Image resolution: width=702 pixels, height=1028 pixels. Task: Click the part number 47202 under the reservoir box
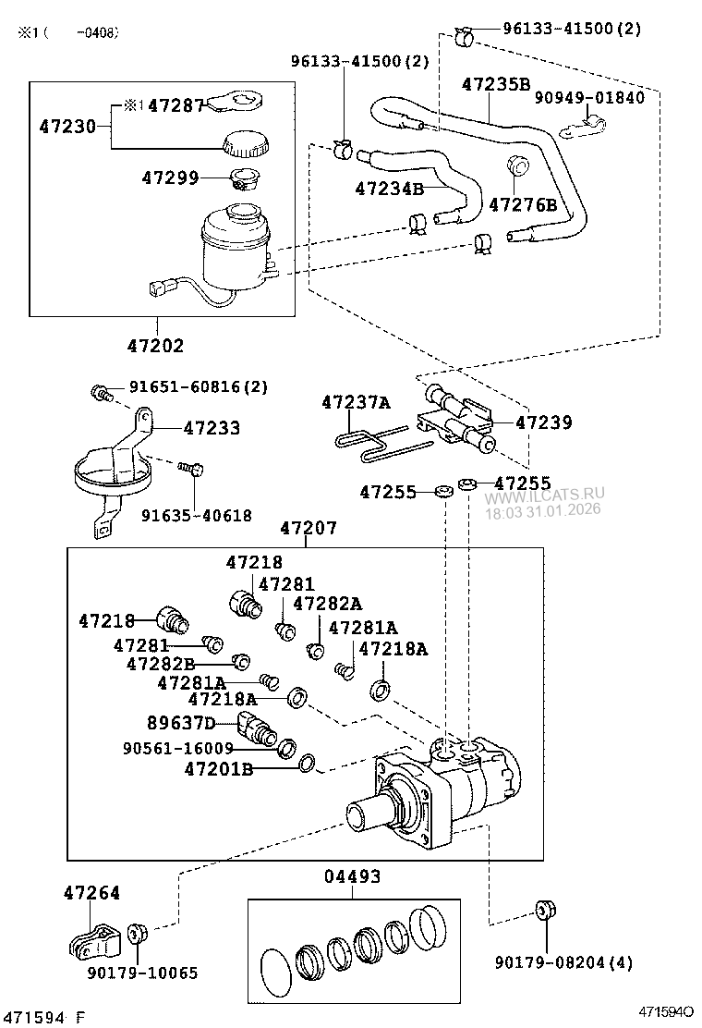(156, 346)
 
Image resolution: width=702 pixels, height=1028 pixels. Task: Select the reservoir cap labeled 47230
(245, 143)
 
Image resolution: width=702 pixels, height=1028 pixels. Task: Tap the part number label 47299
(170, 176)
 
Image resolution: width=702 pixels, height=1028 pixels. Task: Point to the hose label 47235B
(496, 83)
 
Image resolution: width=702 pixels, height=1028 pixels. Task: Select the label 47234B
(389, 189)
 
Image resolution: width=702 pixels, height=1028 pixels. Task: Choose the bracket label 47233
(212, 428)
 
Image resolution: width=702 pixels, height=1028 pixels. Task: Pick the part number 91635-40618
(196, 515)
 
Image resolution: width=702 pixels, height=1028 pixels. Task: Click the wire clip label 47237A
(356, 402)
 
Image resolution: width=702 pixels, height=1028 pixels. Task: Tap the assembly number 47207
(309, 529)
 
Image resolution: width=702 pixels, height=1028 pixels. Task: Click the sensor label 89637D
(181, 722)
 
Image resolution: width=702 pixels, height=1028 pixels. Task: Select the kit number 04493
(352, 876)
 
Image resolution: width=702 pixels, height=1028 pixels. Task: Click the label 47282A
(327, 604)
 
